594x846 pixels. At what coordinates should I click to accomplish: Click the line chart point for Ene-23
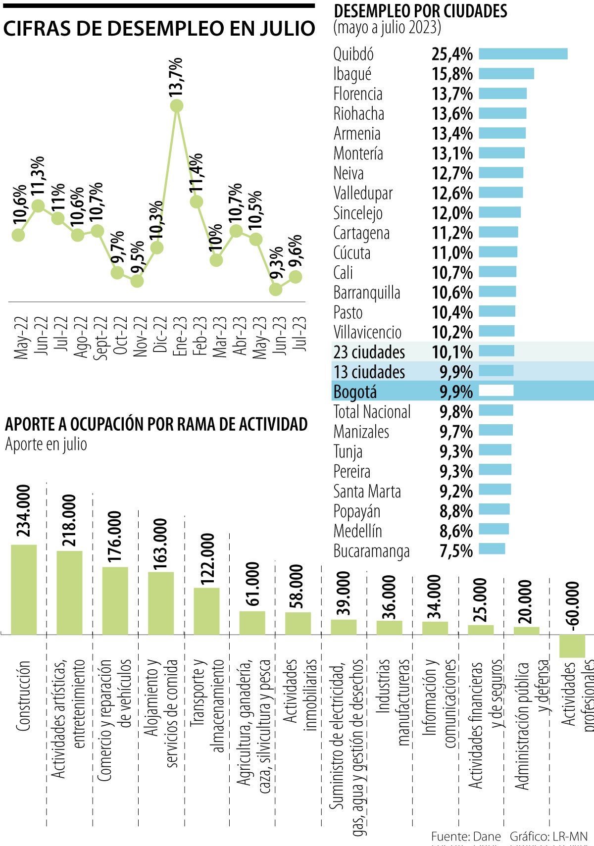pyautogui.click(x=177, y=105)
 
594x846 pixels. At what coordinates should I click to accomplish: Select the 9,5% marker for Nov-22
pyautogui.click(x=137, y=281)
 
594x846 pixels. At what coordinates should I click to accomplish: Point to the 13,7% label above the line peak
pyautogui.click(x=176, y=77)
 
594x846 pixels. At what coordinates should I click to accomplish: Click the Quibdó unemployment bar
pyautogui.click(x=523, y=54)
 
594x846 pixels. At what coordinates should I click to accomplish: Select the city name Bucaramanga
pyautogui.click(x=371, y=551)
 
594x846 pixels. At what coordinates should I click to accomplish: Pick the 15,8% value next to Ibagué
pyautogui.click(x=452, y=74)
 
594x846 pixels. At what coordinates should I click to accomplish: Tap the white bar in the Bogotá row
pyautogui.click(x=496, y=391)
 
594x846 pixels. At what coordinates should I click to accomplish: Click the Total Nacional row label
pyautogui.click(x=372, y=412)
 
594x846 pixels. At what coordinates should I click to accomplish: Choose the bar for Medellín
pyautogui.click(x=494, y=529)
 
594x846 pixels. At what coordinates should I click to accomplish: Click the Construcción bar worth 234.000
pyautogui.click(x=24, y=589)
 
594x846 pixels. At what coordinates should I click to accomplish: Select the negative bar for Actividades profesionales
pyautogui.click(x=572, y=646)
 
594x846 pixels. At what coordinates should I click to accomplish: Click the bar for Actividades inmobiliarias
pyautogui.click(x=298, y=623)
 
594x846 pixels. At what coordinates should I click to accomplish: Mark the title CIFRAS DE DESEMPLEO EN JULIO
pyautogui.click(x=159, y=28)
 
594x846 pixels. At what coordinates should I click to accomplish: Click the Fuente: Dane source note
pyautogui.click(x=466, y=836)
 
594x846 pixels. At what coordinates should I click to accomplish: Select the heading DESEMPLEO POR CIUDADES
pyautogui.click(x=420, y=11)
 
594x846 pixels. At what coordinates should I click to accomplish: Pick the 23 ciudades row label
pyautogui.click(x=369, y=352)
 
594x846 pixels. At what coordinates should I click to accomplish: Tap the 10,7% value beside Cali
pyautogui.click(x=452, y=273)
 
